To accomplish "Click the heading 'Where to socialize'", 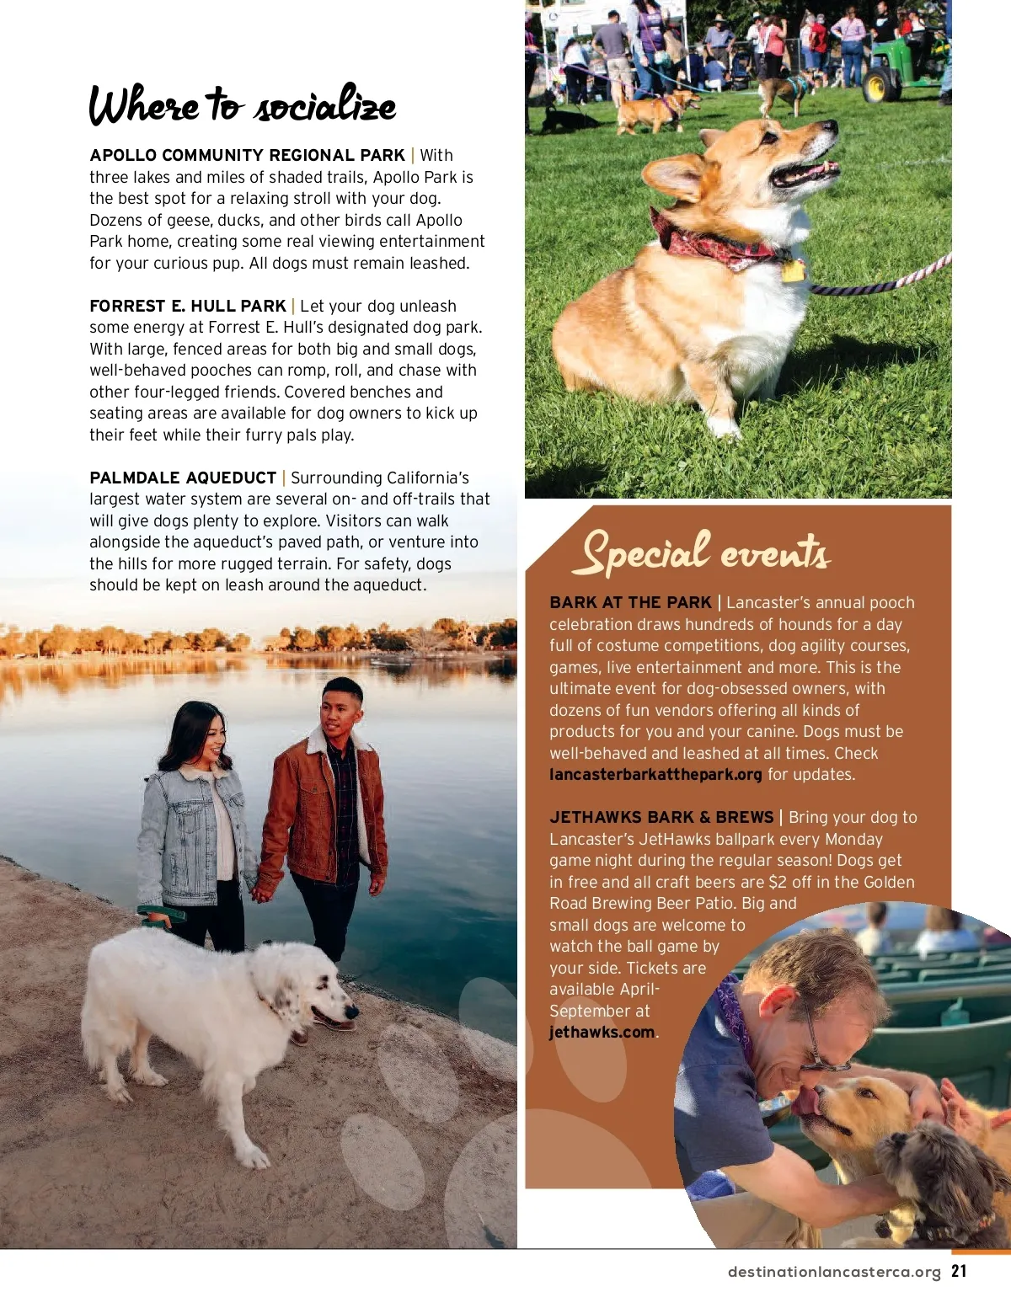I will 242,105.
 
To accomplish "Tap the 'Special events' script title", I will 705,553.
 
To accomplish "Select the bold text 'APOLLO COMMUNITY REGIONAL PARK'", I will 247,156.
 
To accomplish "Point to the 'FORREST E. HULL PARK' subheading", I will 188,307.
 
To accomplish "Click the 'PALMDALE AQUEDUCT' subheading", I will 183,478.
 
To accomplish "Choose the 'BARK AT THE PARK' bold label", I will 630,603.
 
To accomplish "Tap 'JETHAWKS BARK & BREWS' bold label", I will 661,818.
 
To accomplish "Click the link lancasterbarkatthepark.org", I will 655,775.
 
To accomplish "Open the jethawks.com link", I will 602,1033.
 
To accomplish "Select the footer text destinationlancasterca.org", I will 834,1273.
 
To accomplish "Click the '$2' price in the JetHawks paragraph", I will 777,883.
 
